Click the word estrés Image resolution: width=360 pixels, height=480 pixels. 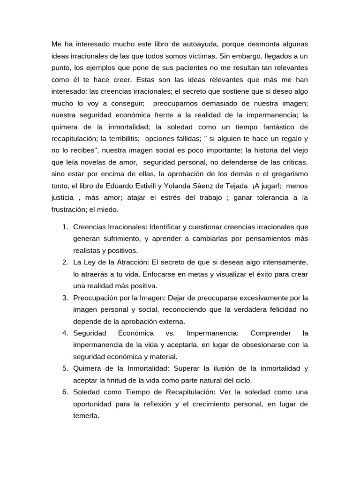coord(158,197)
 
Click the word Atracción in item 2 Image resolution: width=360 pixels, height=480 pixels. coord(127,262)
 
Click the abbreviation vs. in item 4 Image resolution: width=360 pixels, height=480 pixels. coord(170,333)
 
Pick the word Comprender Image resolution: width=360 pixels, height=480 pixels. coord(270,333)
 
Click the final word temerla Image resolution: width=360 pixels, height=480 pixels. coord(86,415)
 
